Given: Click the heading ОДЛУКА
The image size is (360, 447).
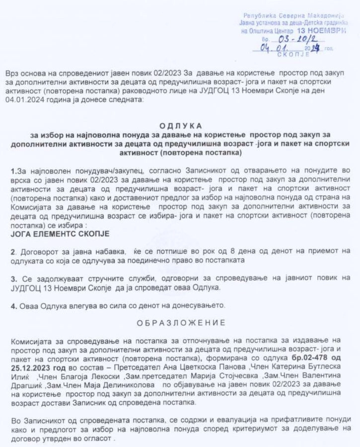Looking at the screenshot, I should point(180,126).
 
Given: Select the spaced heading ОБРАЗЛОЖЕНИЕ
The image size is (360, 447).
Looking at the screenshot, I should point(179,322).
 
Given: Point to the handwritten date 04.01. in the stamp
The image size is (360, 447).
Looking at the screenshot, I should point(274,48).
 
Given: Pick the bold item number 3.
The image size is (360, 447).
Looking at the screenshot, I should point(13,279).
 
